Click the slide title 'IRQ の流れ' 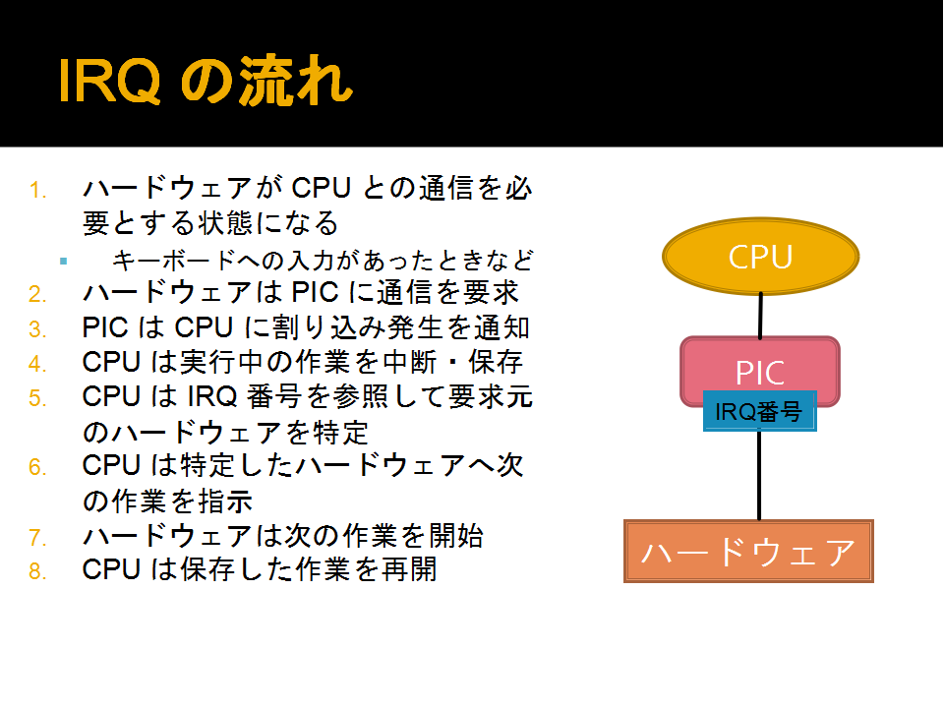[x=206, y=81]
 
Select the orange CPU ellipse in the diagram [x=760, y=257]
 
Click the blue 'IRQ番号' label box [x=760, y=411]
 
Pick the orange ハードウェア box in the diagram [x=748, y=552]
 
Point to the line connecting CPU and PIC [x=760, y=316]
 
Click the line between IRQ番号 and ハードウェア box [x=759, y=476]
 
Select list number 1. [x=37, y=190]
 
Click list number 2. [x=37, y=294]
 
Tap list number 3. [x=37, y=329]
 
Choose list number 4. [x=37, y=364]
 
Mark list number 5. [x=37, y=398]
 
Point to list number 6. [x=37, y=467]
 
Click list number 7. [x=37, y=538]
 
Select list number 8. [x=37, y=571]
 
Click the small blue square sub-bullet [x=63, y=262]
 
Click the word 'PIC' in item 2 [x=315, y=293]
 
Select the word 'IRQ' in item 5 [x=212, y=396]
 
